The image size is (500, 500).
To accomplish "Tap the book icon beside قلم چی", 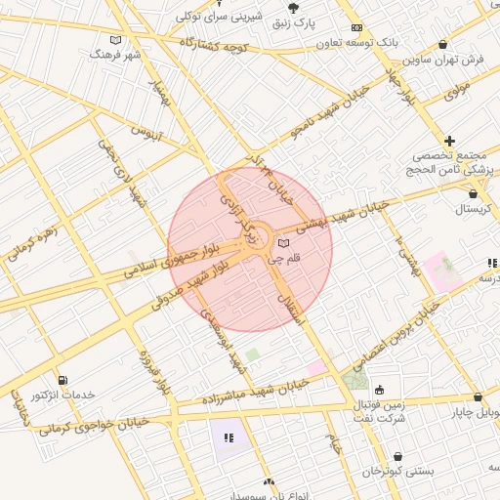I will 283,242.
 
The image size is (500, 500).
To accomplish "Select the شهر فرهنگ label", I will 115,55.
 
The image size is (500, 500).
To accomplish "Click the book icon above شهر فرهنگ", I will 116,40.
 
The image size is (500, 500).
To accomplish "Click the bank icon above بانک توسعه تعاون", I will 356,28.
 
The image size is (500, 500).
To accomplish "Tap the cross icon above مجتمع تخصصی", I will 449,142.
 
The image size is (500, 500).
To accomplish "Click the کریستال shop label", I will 475,210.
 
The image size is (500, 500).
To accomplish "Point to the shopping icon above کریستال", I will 474,193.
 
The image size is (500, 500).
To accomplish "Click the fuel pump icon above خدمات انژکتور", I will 63,380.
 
